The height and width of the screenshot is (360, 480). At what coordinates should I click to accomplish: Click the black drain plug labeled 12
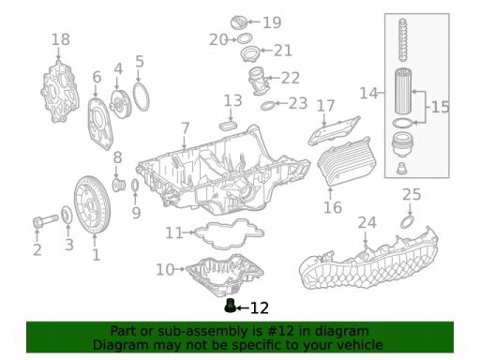tap(230, 306)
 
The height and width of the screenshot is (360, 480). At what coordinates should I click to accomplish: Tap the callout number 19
tap(272, 22)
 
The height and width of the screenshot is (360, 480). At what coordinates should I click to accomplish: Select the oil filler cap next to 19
tap(239, 22)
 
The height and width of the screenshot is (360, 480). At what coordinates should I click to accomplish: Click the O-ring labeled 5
tap(141, 97)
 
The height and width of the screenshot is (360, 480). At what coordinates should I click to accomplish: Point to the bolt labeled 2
tap(45, 221)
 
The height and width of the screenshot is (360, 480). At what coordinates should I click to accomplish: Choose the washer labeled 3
tap(67, 215)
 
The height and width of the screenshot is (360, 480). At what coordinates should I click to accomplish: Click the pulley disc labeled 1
tap(92, 205)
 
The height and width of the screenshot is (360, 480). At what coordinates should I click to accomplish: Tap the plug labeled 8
tap(119, 186)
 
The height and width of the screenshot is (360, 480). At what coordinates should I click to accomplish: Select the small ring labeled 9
tap(135, 186)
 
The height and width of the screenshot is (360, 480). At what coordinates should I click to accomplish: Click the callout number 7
tap(186, 128)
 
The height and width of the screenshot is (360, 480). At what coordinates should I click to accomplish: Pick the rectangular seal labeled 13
tap(229, 127)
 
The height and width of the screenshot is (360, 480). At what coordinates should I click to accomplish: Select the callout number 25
tap(412, 194)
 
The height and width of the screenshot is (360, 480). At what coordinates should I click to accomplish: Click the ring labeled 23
tap(267, 106)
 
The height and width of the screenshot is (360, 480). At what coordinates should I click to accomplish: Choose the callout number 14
tap(368, 93)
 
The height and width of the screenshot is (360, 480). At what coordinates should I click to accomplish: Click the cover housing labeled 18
tap(59, 92)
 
